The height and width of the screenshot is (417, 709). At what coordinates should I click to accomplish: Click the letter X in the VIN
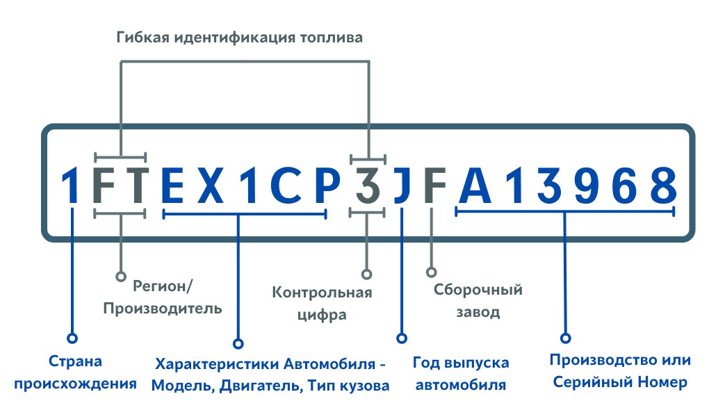pyautogui.click(x=211, y=185)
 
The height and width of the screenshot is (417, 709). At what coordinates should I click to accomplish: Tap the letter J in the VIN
pyautogui.click(x=402, y=185)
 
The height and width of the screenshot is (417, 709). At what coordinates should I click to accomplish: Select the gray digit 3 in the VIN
pyautogui.click(x=368, y=185)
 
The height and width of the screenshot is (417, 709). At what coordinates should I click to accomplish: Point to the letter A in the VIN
pyautogui.click(x=475, y=185)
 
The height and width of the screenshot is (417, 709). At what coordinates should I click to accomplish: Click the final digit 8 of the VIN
pyautogui.click(x=664, y=185)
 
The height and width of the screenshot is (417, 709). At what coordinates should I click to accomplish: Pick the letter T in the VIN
pyautogui.click(x=134, y=185)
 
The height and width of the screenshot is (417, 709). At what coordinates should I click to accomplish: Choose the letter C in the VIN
pyautogui.click(x=286, y=185)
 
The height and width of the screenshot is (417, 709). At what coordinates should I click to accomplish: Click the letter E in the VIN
pyautogui.click(x=172, y=185)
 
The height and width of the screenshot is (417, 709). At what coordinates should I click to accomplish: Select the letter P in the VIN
pyautogui.click(x=327, y=185)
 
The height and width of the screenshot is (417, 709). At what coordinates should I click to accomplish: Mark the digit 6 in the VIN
pyautogui.click(x=626, y=185)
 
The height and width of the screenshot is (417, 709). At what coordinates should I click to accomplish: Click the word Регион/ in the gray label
pyautogui.click(x=163, y=286)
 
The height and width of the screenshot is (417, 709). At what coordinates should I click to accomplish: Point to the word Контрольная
pyautogui.click(x=322, y=293)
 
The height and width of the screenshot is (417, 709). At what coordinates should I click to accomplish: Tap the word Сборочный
pyautogui.click(x=478, y=289)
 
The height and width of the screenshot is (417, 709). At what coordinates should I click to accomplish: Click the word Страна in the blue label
pyautogui.click(x=75, y=361)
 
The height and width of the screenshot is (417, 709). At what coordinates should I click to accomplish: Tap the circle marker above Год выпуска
pyautogui.click(x=402, y=338)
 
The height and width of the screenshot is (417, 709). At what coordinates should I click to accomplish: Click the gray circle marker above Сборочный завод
pyautogui.click(x=432, y=272)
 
